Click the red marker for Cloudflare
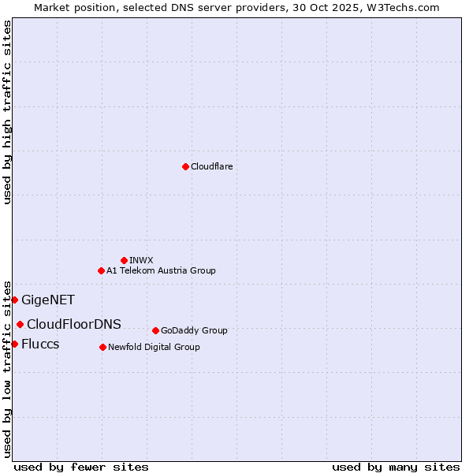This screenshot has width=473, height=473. point(185,166)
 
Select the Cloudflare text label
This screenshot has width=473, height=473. point(211,166)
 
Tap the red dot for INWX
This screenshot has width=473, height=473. point(124,260)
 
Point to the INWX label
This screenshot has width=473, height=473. point(141,260)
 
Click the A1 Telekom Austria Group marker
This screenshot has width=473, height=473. point(101,270)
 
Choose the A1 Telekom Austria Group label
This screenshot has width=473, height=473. point(161,270)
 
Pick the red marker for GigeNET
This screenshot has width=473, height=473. point(14,300)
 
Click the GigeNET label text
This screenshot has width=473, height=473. point(48,300)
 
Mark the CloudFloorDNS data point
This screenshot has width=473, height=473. point(20,324)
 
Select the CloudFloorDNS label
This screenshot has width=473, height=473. point(74,324)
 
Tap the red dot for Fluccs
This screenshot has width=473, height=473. point(14,344)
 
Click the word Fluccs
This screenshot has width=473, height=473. point(40,344)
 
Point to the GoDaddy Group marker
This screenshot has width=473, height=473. point(155,330)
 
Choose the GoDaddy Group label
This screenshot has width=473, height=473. point(194,330)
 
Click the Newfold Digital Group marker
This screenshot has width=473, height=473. point(102,347)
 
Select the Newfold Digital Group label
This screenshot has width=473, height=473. point(154,347)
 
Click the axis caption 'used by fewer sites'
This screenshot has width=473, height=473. point(81,467)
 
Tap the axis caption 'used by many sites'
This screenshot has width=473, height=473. point(396,467)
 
